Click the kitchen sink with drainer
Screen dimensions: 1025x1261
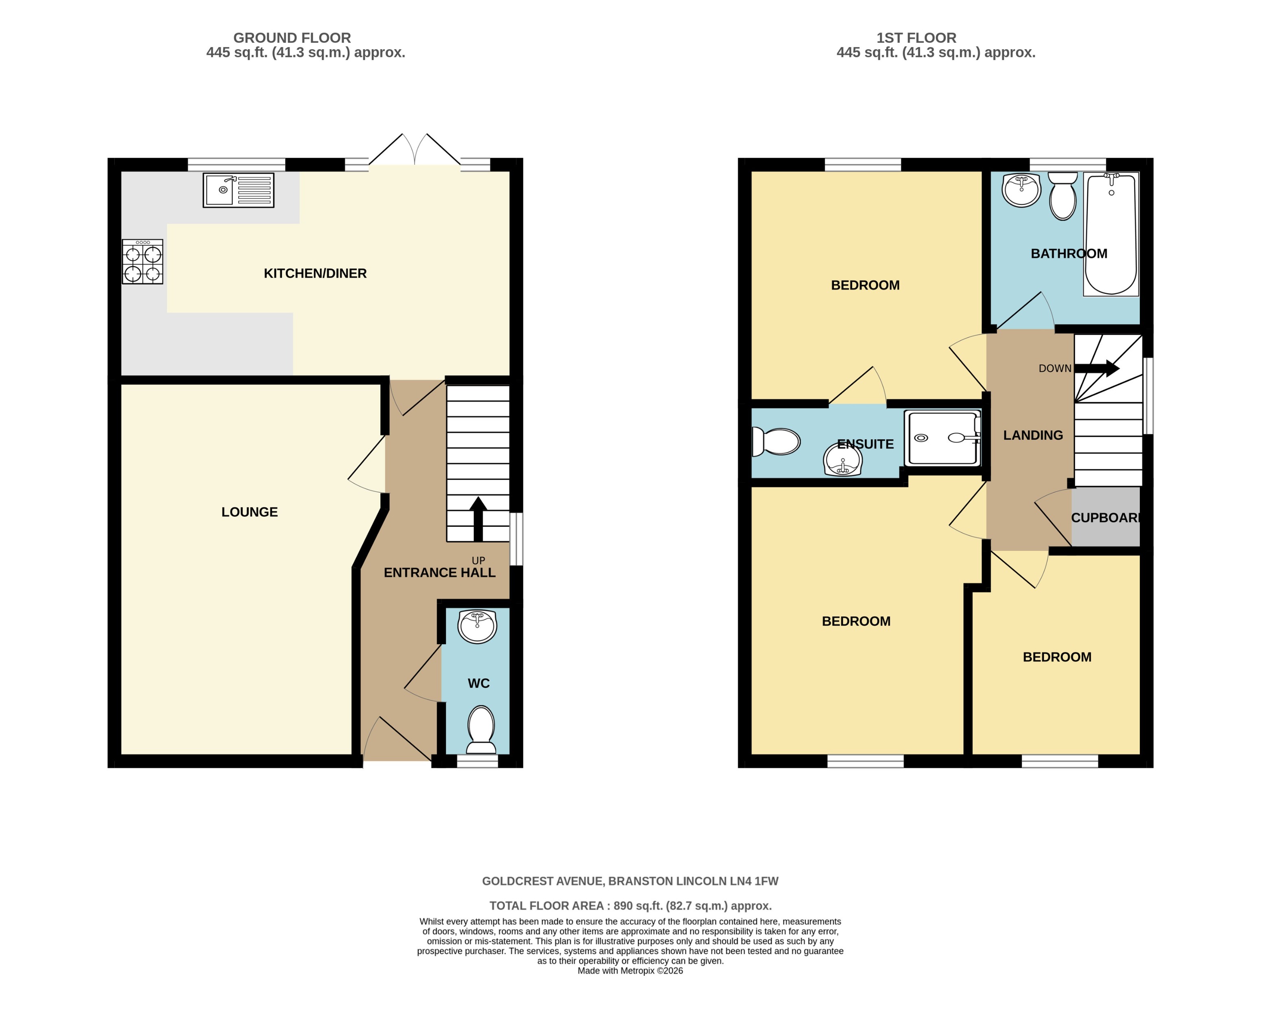click(238, 190)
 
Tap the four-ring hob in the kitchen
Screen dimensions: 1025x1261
click(142, 262)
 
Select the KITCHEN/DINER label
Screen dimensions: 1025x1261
click(315, 273)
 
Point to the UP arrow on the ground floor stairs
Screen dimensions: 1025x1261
click(478, 519)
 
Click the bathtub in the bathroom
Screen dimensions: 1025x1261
click(1110, 234)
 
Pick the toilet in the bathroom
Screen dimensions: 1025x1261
click(1062, 196)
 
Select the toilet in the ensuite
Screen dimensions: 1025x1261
click(776, 441)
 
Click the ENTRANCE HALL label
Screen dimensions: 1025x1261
click(439, 572)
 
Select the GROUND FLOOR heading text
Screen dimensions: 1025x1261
click(292, 38)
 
